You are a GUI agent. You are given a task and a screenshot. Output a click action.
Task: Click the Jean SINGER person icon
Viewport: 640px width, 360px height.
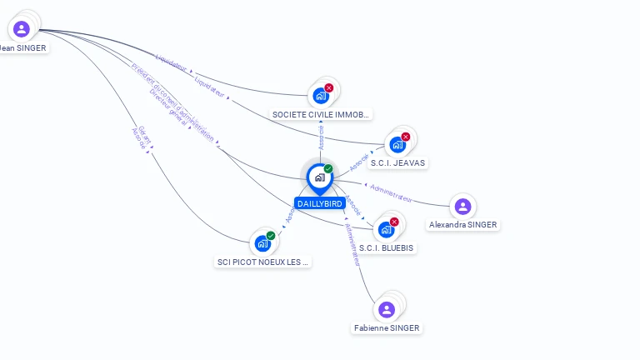click(22, 29)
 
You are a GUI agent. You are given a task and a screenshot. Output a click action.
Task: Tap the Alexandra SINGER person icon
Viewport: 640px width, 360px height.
click(462, 206)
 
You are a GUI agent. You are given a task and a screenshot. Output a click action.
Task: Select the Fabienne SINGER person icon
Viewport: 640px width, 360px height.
click(387, 310)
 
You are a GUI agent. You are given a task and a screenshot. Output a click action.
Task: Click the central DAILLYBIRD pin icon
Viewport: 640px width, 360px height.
click(319, 177)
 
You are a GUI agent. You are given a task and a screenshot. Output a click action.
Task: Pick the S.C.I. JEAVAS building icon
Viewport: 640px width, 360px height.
click(397, 144)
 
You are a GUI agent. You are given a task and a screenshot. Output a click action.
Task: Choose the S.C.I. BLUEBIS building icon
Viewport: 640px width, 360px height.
click(386, 229)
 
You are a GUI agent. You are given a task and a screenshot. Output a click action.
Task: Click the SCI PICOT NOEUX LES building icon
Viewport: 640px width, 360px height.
click(262, 243)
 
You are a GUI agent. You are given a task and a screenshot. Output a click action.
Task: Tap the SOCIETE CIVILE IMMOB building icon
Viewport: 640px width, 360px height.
click(320, 96)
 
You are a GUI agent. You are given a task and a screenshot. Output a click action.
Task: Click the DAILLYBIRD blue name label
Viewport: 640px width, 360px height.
click(320, 203)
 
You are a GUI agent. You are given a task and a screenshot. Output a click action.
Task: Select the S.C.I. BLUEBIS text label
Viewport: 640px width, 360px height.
click(387, 247)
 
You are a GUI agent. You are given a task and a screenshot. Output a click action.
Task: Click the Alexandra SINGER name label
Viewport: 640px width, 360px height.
click(462, 225)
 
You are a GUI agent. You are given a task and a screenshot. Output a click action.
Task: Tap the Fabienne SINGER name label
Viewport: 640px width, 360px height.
click(387, 328)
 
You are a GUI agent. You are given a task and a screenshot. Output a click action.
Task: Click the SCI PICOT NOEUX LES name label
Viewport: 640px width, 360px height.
click(263, 262)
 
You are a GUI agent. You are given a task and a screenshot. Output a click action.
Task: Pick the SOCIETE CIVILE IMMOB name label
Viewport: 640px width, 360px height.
click(321, 114)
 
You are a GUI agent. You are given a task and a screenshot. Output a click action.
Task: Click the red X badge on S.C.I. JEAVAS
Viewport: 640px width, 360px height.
click(406, 137)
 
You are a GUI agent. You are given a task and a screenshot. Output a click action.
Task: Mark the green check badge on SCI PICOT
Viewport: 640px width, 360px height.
click(271, 236)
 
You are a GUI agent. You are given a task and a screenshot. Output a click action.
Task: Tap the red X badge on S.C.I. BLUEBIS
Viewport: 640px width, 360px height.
click(394, 222)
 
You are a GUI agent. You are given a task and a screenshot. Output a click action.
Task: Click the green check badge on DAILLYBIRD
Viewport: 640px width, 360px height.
click(328, 169)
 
